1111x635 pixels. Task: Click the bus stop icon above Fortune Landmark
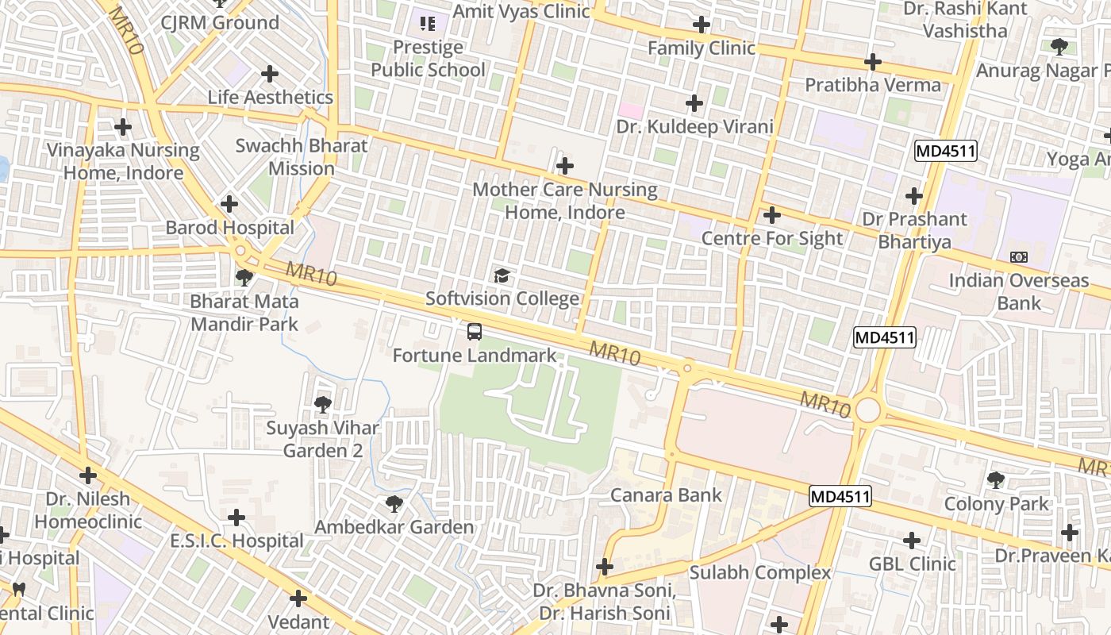475,332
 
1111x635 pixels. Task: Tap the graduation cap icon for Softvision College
502,275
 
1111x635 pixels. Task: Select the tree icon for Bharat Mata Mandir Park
244,278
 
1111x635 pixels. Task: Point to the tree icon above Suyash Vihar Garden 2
322,405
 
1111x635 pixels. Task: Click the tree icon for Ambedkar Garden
394,503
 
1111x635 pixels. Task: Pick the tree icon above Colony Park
996,479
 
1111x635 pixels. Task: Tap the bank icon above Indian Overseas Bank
1019,257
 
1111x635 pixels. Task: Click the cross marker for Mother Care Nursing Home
565,166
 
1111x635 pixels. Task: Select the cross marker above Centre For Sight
771,215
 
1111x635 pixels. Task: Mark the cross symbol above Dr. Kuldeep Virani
694,103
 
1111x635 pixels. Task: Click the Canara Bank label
666,495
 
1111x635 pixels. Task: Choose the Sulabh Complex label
759,572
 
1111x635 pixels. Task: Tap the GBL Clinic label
912,564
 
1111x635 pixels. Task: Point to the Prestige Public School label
428,59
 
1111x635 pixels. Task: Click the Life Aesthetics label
270,98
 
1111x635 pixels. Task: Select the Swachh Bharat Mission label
302,157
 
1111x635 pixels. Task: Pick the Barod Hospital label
229,228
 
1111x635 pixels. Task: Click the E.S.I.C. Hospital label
236,541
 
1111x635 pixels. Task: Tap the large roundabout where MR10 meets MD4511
868,410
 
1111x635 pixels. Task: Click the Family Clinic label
702,48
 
